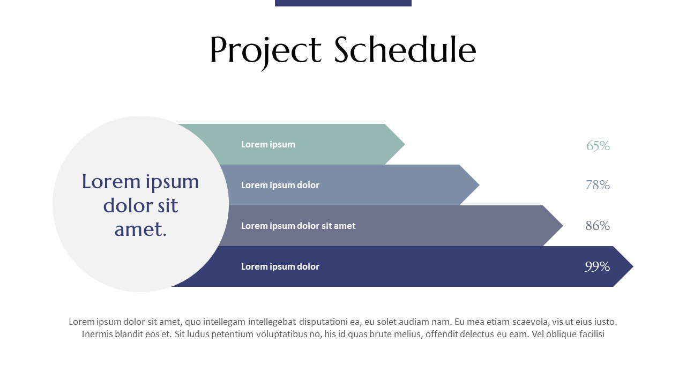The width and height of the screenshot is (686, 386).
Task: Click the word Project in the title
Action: pyautogui.click(x=266, y=50)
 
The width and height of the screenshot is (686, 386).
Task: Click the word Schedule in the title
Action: pyautogui.click(x=405, y=50)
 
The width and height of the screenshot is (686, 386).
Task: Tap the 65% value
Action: pyautogui.click(x=598, y=146)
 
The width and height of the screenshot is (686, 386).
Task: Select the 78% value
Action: pyautogui.click(x=598, y=185)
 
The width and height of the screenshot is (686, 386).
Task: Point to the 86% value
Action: pyautogui.click(x=598, y=226)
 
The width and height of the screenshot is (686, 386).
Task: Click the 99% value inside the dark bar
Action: pyautogui.click(x=597, y=266)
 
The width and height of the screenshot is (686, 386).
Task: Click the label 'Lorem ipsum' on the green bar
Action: pyautogui.click(x=268, y=144)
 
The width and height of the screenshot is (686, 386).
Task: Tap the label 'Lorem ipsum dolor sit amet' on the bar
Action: pyautogui.click(x=298, y=226)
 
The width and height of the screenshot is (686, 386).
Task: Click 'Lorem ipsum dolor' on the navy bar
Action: pyautogui.click(x=280, y=266)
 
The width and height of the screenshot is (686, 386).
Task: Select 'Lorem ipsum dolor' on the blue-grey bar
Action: pyautogui.click(x=280, y=185)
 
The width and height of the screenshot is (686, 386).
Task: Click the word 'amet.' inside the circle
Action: pyautogui.click(x=140, y=229)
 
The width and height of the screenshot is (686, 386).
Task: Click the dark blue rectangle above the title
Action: pyautogui.click(x=343, y=3)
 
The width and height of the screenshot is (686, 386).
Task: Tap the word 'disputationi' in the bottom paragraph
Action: pyautogui.click(x=323, y=322)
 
